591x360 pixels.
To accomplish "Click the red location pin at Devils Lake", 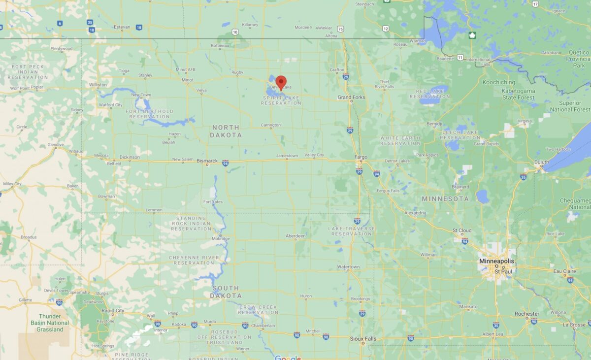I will click(x=281, y=82).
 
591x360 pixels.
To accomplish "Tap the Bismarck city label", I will click(x=207, y=161).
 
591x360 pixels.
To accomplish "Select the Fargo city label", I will click(x=361, y=158).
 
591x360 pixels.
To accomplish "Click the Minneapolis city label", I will click(x=497, y=261).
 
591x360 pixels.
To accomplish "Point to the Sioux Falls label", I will click(x=363, y=339).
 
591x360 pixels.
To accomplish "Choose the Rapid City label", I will click(x=113, y=311).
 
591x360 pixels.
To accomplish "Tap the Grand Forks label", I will click(x=351, y=97).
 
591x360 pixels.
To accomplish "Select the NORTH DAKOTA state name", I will click(x=226, y=131).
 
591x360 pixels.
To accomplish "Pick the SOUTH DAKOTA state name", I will click(x=226, y=292).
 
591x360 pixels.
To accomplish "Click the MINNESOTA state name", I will click(x=445, y=198).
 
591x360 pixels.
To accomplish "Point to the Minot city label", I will click(x=187, y=79).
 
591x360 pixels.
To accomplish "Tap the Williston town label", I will click(x=98, y=85).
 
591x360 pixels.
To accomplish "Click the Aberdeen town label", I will click(x=295, y=236).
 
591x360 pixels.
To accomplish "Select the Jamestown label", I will click(x=287, y=156).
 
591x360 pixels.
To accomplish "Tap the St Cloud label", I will click(x=462, y=230).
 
